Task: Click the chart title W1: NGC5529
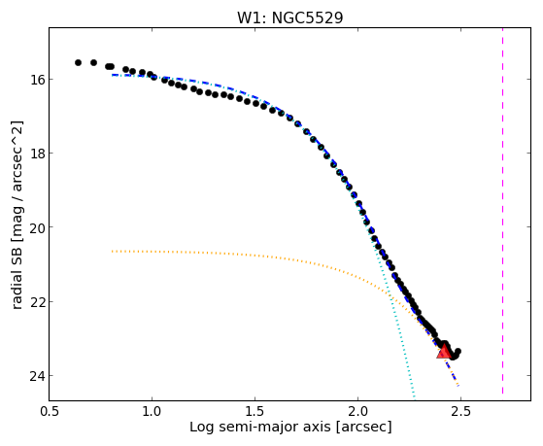[x=289, y=17]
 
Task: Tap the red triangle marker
[x=444, y=352]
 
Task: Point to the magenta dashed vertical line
[x=502, y=211]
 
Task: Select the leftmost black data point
[x=78, y=62]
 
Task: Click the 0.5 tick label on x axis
[x=50, y=411]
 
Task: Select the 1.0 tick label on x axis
[x=152, y=411]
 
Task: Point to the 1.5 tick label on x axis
[x=255, y=411]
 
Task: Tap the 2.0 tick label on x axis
[x=358, y=411]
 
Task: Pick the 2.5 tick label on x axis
[x=461, y=411]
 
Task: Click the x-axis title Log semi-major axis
[x=260, y=428]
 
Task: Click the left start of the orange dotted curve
[x=112, y=251]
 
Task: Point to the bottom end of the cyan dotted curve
[x=414, y=397]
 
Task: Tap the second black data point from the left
[x=93, y=62]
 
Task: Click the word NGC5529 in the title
[x=308, y=17]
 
